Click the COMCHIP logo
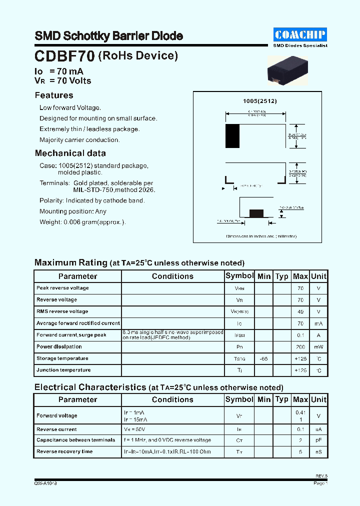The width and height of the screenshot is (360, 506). tap(300, 34)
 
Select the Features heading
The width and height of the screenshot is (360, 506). tap(54, 95)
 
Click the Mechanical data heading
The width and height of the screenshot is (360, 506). tap(70, 153)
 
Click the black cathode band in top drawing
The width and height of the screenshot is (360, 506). tap(232, 135)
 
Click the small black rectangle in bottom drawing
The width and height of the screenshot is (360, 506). tap(256, 213)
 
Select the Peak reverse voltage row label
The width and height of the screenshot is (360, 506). tap(62, 288)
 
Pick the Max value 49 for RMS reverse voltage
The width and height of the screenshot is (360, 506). tap(300, 311)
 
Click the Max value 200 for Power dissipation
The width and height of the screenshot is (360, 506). tap(300, 347)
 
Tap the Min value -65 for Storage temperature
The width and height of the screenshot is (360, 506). tap(263, 359)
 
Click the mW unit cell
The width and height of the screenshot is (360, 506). tap(318, 347)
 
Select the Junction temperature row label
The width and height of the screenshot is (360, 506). tap(63, 370)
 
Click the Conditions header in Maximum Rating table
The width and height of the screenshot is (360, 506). tap(172, 276)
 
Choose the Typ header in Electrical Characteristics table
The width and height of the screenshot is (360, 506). tap(282, 399)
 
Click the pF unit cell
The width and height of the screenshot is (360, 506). tap(318, 440)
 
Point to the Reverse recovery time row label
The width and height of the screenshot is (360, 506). tap(64, 451)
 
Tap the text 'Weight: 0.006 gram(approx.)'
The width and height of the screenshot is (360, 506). tap(82, 222)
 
